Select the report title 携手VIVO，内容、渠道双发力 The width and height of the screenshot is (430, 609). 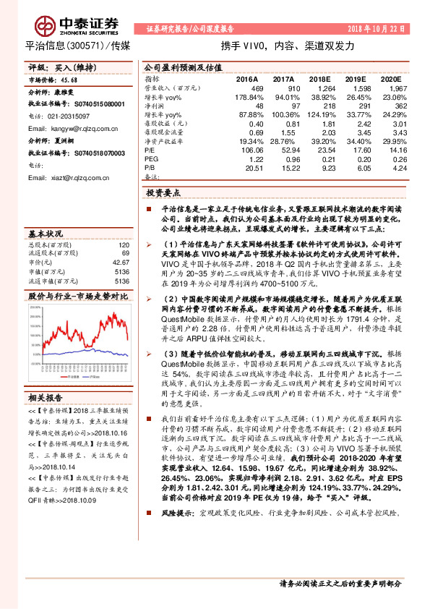pyautogui.click(x=287, y=46)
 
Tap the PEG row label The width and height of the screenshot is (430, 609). pyautogui.click(x=152, y=158)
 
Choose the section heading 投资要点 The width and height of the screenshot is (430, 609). pyautogui.click(x=163, y=193)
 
